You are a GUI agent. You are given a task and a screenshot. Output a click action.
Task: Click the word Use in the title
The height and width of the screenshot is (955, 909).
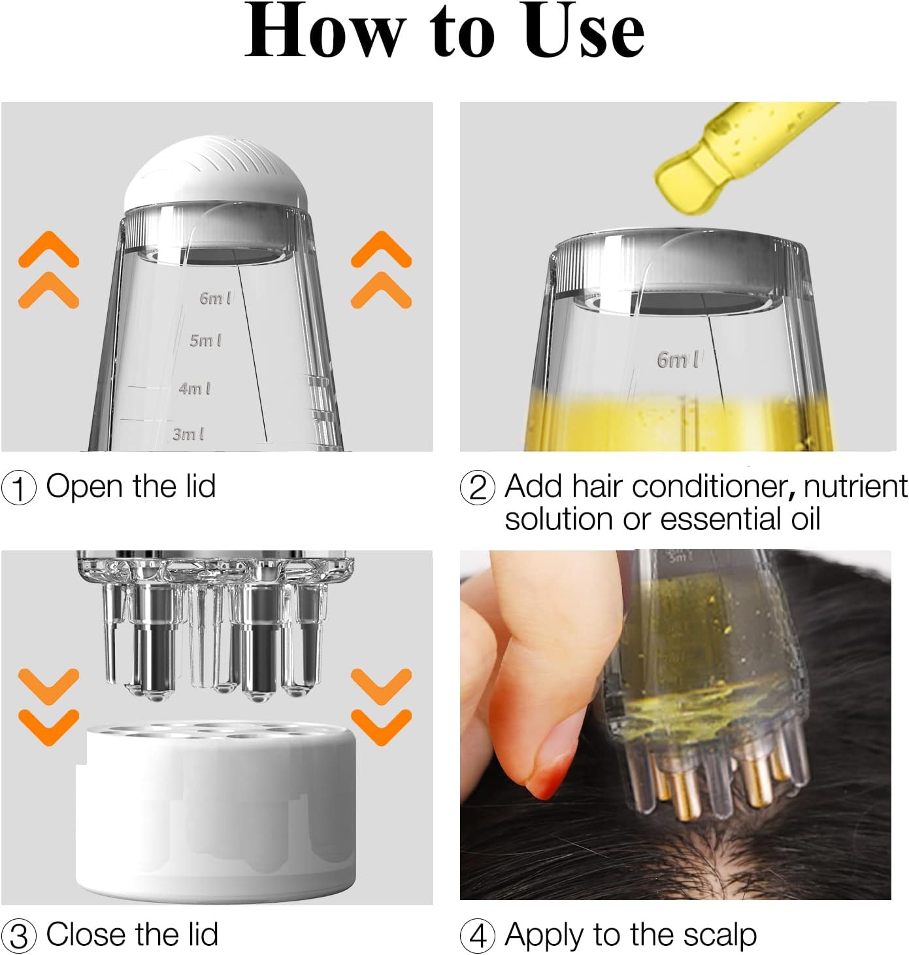click(x=584, y=31)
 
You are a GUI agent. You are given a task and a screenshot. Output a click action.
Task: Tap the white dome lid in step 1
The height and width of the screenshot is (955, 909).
click(x=216, y=174)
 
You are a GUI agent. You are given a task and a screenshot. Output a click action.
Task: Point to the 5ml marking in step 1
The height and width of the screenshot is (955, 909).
click(x=205, y=341)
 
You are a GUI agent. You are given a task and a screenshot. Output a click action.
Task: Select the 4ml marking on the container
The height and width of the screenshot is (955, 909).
click(x=194, y=388)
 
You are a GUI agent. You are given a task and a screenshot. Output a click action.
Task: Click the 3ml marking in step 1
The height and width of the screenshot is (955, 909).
click(x=188, y=434)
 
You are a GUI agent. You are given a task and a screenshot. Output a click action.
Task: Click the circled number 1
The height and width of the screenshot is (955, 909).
click(x=19, y=488)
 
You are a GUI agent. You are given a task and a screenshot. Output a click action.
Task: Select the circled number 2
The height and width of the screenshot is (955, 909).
click(x=478, y=488)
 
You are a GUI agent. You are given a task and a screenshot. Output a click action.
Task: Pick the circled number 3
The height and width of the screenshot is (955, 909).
click(x=19, y=936)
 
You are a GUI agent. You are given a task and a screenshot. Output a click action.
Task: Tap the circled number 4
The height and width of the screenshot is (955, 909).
click(x=478, y=936)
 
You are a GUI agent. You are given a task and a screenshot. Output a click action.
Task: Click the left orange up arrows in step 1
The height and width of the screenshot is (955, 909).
click(x=49, y=269)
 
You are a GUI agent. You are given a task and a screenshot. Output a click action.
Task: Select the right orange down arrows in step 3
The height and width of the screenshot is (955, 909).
click(x=381, y=707)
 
